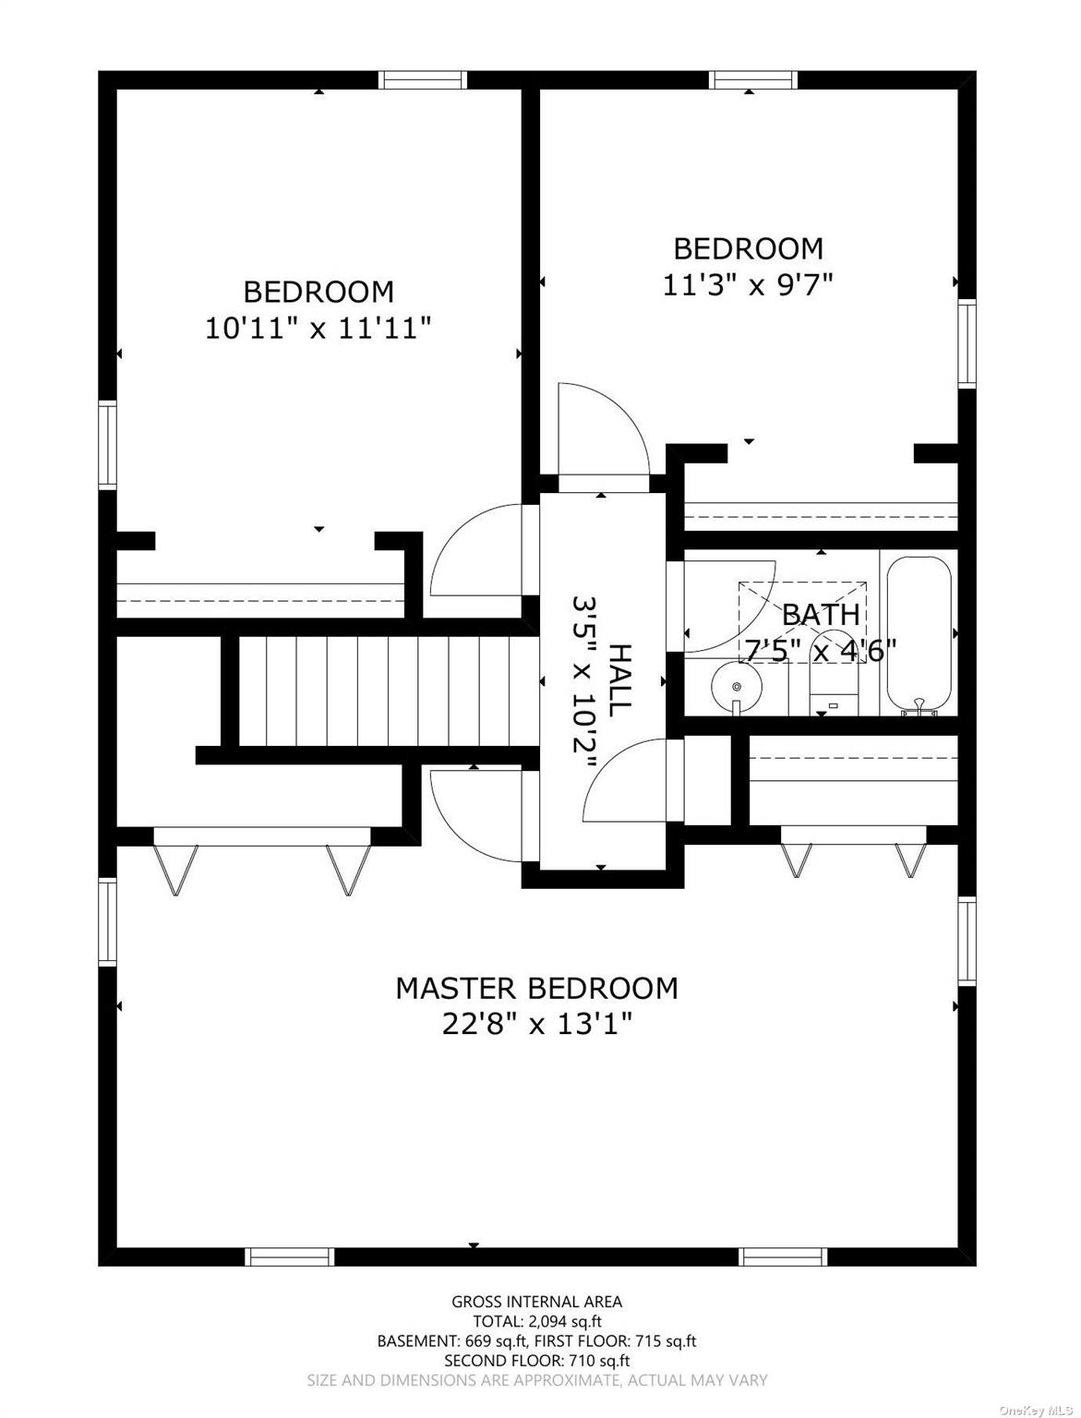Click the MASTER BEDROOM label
(x=536, y=988)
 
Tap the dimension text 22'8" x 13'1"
(x=536, y=1024)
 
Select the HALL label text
(x=619, y=677)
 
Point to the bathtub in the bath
(x=919, y=633)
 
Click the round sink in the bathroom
(x=736, y=686)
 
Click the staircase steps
(x=388, y=691)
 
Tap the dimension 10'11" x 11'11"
(x=318, y=328)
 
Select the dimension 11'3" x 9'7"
(x=748, y=284)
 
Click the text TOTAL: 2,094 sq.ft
(x=536, y=1321)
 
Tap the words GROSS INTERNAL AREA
(x=536, y=1302)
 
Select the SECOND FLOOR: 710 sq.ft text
(x=536, y=1361)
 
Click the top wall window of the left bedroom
(x=424, y=80)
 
